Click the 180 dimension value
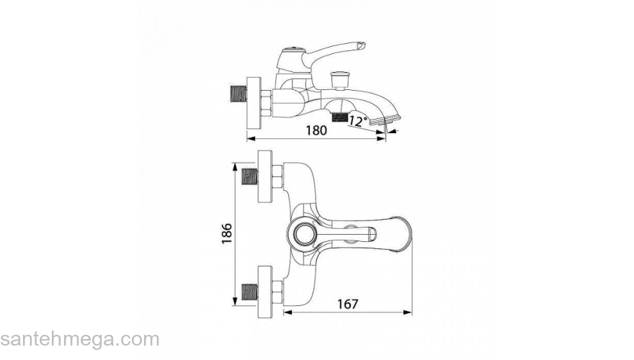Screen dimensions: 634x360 tap(316, 130)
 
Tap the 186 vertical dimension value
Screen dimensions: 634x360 tap(227, 233)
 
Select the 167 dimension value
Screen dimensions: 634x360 tap(348, 304)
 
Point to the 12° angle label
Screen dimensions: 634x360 tap(358, 121)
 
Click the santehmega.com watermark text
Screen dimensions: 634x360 tap(80, 339)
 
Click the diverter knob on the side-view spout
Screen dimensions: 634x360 tap(339, 80)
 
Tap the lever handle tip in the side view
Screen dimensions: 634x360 tap(361, 45)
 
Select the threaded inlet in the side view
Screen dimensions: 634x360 tap(238, 94)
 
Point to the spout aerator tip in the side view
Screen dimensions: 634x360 tap(388, 118)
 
